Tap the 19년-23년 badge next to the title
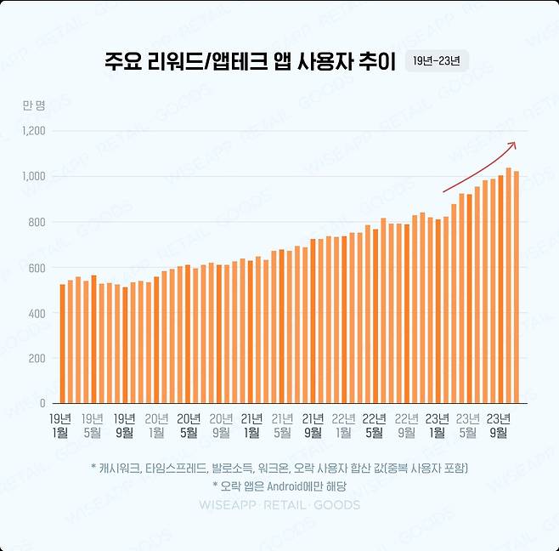pyautogui.click(x=437, y=61)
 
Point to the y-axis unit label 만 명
pyautogui.click(x=34, y=105)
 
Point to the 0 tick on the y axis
pyautogui.click(x=42, y=403)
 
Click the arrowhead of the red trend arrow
pyautogui.click(x=512, y=145)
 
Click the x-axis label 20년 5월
pyautogui.click(x=188, y=424)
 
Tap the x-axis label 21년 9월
pyautogui.click(x=313, y=424)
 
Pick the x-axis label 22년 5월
pyautogui.click(x=375, y=424)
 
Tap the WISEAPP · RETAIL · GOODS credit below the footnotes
pyautogui.click(x=279, y=505)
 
